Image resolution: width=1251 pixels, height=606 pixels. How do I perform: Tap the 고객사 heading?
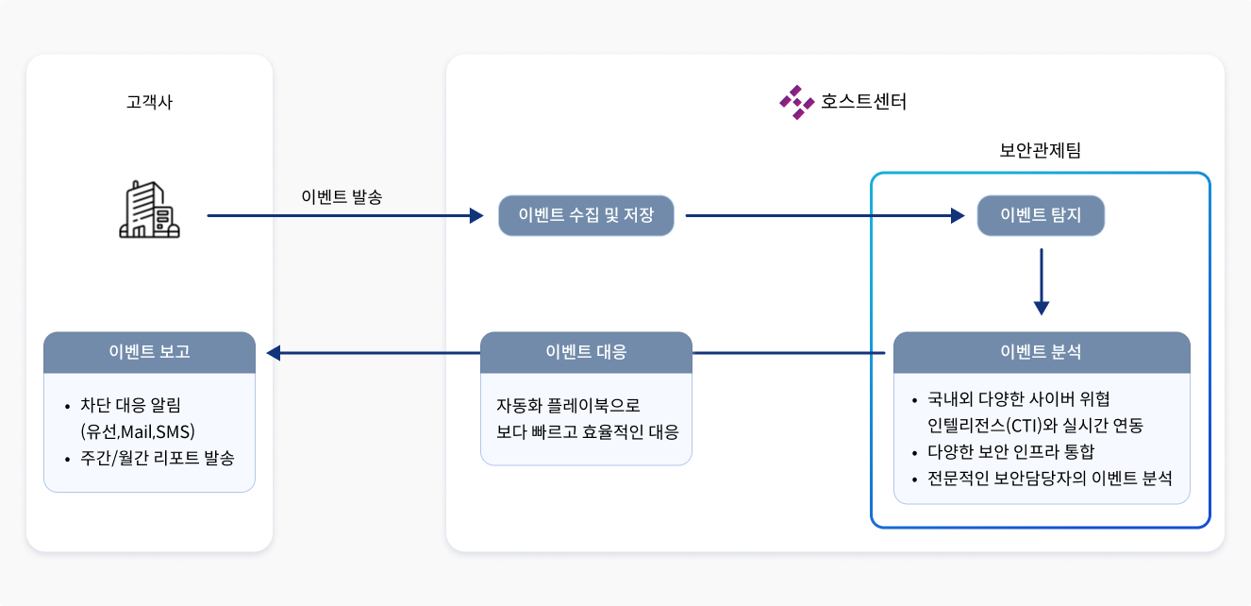pos(149,103)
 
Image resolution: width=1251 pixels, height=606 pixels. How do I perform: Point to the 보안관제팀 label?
pos(1040,150)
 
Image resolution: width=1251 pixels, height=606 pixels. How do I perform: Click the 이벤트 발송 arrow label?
pos(342,197)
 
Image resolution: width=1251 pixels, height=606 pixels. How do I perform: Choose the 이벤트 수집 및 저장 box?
pos(586,216)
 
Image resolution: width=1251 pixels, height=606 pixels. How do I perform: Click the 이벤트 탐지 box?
pos(1040,216)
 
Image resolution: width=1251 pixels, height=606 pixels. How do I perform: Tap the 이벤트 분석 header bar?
pos(1041,352)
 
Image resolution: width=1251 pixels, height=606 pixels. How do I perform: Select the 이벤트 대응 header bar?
pos(586,352)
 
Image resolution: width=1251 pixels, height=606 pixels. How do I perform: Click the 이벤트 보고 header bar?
pos(149,352)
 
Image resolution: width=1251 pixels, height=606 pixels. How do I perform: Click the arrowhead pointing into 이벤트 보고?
pos(275,353)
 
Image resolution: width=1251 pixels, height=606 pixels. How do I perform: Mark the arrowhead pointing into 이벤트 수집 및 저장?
pos(475,216)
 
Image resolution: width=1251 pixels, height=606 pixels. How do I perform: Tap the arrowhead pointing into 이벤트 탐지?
pos(958,216)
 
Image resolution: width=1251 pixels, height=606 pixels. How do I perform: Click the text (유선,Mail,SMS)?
pos(138,431)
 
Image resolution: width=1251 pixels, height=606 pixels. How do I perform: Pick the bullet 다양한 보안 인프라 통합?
pos(1011,451)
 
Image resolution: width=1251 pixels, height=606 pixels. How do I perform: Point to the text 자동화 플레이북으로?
pos(568,405)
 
